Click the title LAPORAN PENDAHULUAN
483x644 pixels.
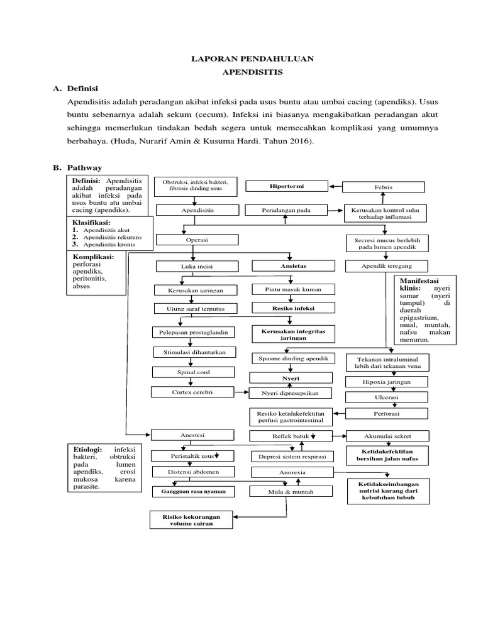[252, 58]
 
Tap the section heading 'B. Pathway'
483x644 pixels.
[77, 167]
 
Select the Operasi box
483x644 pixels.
[197, 240]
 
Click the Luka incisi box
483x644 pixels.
[197, 266]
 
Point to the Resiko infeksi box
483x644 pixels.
[292, 309]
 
